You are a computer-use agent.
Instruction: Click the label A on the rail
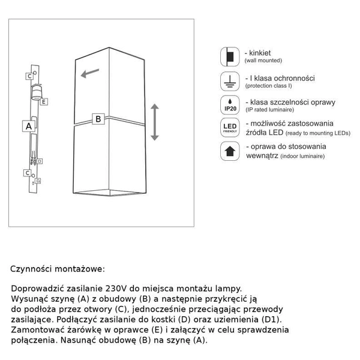coord(28,126)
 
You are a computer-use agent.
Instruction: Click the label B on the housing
coord(98,119)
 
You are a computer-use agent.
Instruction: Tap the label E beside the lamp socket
coord(44,103)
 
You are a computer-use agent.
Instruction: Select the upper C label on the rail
coord(29,76)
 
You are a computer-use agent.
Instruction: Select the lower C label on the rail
coord(28,173)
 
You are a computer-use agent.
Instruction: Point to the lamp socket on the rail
coord(36,92)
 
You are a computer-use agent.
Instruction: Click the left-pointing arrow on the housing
coord(91,74)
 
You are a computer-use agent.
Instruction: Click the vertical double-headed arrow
coord(154,122)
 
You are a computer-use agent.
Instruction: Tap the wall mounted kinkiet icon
coord(229,57)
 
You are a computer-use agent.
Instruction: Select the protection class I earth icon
coord(229,82)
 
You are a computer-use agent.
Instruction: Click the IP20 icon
coord(229,104)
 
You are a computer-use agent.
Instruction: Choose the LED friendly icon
coord(229,127)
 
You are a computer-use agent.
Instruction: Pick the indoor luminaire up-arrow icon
coord(229,151)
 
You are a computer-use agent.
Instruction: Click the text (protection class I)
coord(274,86)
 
